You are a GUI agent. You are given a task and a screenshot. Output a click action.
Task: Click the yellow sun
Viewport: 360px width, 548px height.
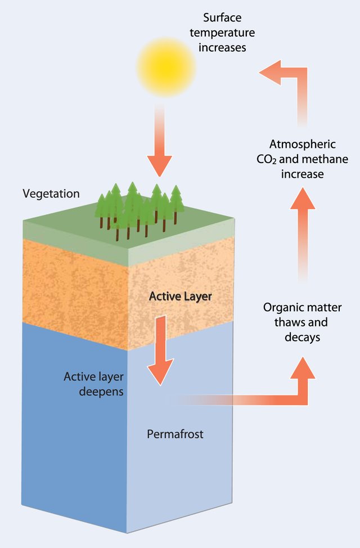[166, 67]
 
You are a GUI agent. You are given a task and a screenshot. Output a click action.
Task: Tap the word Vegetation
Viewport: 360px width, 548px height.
[51, 194]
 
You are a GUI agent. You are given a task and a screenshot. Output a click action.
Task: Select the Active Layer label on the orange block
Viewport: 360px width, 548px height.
[181, 297]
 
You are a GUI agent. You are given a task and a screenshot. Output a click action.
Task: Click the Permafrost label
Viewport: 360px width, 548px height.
[175, 434]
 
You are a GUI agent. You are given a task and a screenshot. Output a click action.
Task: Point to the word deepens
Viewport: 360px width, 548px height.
[101, 392]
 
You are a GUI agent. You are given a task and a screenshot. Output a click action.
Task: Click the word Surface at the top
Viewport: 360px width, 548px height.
[222, 17]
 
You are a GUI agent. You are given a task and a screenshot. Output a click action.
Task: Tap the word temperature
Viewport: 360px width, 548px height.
[222, 33]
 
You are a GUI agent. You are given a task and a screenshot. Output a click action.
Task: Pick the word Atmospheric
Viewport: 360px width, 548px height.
[303, 144]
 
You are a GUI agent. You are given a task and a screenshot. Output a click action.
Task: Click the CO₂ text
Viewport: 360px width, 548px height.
[266, 159]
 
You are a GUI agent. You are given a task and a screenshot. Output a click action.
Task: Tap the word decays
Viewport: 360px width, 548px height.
[302, 337]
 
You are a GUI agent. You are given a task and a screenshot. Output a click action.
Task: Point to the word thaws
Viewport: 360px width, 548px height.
[291, 322]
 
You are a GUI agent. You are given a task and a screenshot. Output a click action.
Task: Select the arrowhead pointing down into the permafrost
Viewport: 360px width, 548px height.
[160, 372]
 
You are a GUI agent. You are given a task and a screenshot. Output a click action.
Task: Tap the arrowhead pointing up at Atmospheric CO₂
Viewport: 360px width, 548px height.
[303, 199]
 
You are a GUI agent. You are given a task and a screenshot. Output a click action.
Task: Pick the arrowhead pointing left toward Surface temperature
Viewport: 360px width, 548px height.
[270, 73]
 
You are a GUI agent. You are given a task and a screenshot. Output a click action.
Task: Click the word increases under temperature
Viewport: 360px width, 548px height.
[222, 47]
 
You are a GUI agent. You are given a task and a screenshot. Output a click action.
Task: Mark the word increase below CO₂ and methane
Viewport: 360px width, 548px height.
[303, 174]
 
